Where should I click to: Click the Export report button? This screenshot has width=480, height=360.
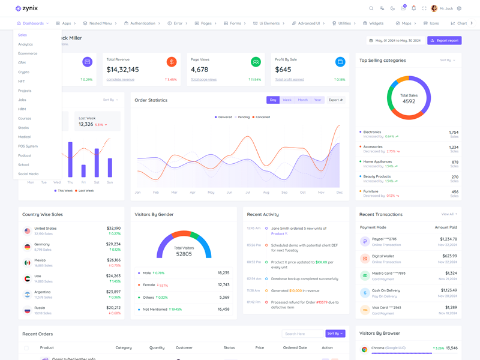[445, 41]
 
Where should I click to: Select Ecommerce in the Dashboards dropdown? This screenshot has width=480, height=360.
[28, 53]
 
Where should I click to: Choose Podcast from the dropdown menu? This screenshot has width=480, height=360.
[25, 155]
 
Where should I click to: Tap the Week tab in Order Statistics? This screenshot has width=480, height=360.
[287, 100]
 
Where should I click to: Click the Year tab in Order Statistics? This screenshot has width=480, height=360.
[317, 100]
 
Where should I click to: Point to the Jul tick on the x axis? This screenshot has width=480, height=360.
[248, 193]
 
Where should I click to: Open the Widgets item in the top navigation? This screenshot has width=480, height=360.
[373, 23]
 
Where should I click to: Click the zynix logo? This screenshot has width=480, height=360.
[27, 8]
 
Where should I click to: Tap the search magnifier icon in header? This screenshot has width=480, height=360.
[371, 8]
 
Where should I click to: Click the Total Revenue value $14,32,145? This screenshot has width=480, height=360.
[122, 70]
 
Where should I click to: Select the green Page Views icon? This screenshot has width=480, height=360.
[256, 62]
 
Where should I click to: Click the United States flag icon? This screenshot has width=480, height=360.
[27, 230]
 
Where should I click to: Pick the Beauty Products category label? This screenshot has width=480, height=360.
[377, 177]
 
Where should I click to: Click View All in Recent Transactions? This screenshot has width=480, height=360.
[449, 214]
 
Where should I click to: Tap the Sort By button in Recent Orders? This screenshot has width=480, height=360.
[335, 334]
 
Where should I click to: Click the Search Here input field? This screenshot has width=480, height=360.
[302, 334]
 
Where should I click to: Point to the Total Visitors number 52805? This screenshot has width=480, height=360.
[184, 254]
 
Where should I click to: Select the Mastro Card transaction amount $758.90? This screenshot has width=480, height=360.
[448, 273]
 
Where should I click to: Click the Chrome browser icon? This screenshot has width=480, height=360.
[364, 349]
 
